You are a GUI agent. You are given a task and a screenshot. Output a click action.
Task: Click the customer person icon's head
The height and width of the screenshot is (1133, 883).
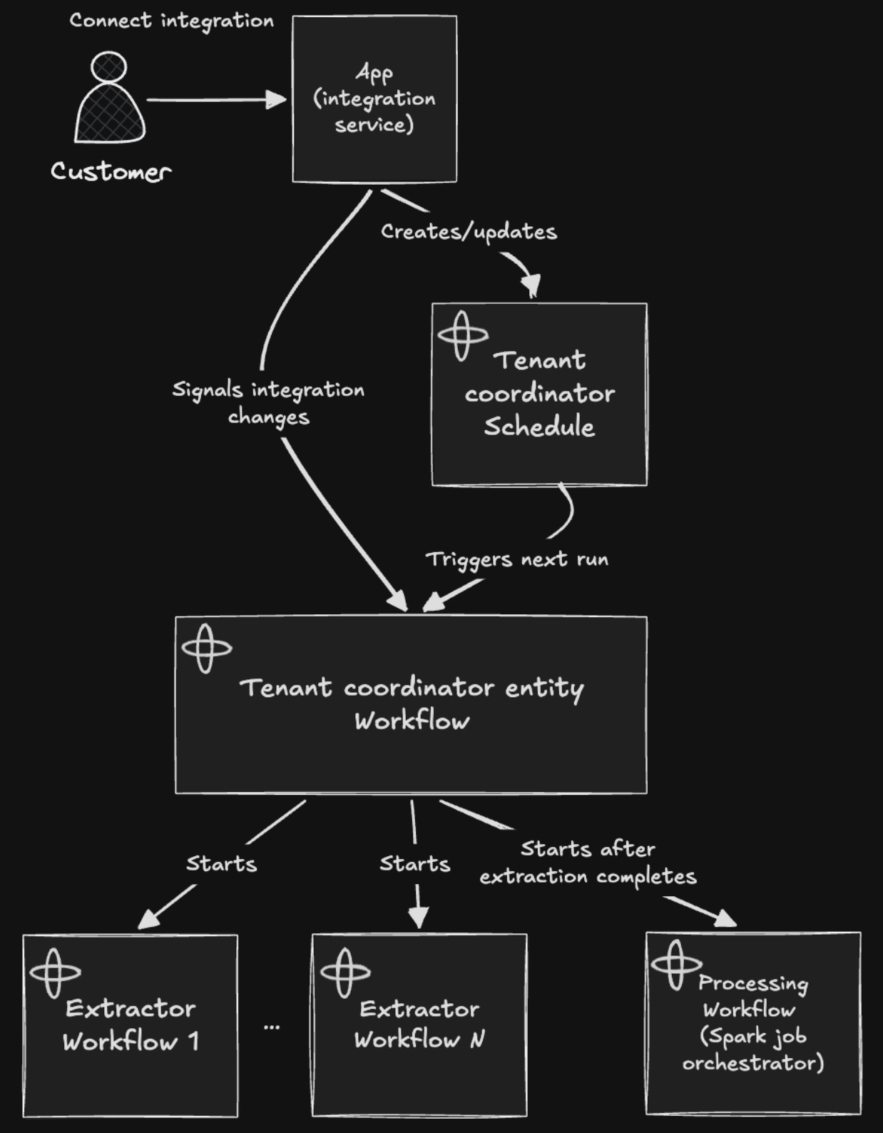(x=108, y=67)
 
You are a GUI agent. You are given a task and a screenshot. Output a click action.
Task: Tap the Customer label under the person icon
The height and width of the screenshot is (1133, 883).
(x=111, y=171)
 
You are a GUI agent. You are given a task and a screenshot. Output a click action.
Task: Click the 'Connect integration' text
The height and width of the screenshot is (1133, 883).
(x=171, y=21)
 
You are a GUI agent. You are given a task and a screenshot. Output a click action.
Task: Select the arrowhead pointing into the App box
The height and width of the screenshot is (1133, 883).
(x=276, y=99)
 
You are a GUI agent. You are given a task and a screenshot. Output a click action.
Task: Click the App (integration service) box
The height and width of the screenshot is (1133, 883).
(x=374, y=99)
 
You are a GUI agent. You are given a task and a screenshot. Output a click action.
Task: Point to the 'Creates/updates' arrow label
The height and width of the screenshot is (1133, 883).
(x=469, y=232)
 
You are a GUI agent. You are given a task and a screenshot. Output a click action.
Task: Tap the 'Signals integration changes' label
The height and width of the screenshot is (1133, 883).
(x=268, y=403)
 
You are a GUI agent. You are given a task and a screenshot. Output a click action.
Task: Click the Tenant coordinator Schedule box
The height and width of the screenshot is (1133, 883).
(x=539, y=394)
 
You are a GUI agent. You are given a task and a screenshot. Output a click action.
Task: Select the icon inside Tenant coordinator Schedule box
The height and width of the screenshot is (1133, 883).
(x=462, y=336)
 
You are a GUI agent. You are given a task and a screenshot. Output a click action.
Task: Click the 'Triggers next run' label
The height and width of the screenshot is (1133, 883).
(x=517, y=559)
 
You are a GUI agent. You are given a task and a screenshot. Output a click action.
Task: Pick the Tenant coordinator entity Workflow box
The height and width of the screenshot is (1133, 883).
(x=412, y=705)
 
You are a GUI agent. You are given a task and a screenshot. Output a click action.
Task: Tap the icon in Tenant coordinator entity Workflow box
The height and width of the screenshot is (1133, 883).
(x=206, y=649)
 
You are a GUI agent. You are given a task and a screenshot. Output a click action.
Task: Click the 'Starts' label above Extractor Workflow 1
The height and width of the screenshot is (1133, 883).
(x=222, y=864)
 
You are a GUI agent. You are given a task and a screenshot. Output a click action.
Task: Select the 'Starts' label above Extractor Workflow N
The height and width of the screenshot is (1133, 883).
(x=415, y=864)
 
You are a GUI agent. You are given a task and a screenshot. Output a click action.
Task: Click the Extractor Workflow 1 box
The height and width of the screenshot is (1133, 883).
(x=131, y=1025)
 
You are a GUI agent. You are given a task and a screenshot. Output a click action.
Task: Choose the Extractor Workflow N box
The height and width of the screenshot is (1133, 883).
(x=419, y=1025)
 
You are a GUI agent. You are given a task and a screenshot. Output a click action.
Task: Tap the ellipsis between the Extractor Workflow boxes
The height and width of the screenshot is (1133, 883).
(x=272, y=1027)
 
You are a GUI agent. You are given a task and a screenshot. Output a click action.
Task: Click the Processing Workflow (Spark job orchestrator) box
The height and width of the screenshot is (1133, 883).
(x=753, y=1023)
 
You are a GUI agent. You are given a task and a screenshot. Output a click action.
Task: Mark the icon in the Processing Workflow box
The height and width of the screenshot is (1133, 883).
(x=676, y=965)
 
